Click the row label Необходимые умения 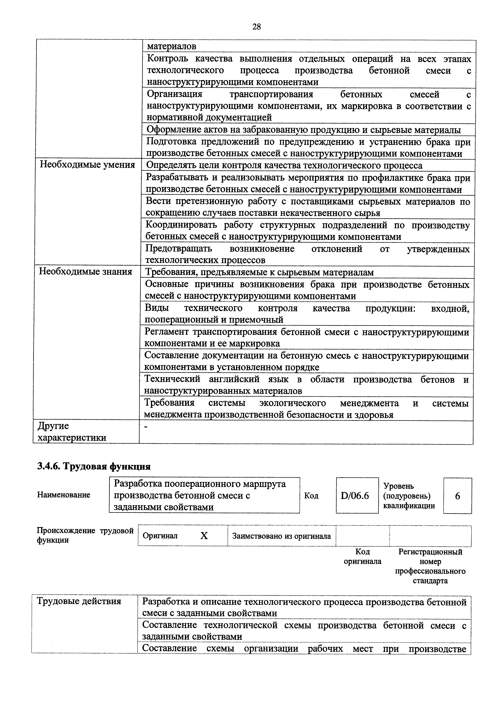pyautogui.click(x=87, y=165)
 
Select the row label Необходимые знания pyautogui.click(x=86, y=272)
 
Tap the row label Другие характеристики pyautogui.click(x=72, y=432)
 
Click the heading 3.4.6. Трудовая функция pyautogui.click(x=94, y=466)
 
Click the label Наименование pyautogui.click(x=64, y=495)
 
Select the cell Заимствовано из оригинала pyautogui.click(x=281, y=536)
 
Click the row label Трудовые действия pyautogui.click(x=79, y=601)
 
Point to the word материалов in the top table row pyautogui.click(x=171, y=46)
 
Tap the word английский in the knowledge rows pyautogui.click(x=234, y=379)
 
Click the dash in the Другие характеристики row pyautogui.click(x=146, y=427)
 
